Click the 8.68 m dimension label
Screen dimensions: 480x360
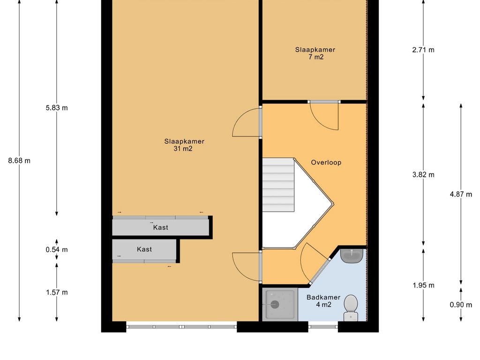(x=19, y=161)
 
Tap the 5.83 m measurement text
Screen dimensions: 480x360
(x=57, y=108)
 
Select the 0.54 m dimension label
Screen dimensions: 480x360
(x=57, y=249)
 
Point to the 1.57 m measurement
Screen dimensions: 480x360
(x=57, y=292)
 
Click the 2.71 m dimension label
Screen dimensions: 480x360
(x=423, y=50)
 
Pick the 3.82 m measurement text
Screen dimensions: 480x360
(x=423, y=175)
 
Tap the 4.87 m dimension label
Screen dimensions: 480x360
(x=461, y=194)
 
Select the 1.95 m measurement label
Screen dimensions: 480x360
(x=423, y=285)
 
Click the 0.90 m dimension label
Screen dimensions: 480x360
(x=461, y=305)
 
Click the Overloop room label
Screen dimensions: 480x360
(x=326, y=163)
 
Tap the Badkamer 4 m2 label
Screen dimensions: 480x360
(x=323, y=301)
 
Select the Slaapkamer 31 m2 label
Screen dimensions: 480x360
(x=184, y=145)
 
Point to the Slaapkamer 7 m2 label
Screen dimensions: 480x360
(x=315, y=53)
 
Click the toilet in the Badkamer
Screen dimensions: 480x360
(x=351, y=307)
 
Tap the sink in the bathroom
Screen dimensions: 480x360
(x=352, y=256)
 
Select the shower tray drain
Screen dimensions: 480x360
(x=275, y=304)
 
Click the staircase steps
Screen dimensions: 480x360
(x=278, y=185)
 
